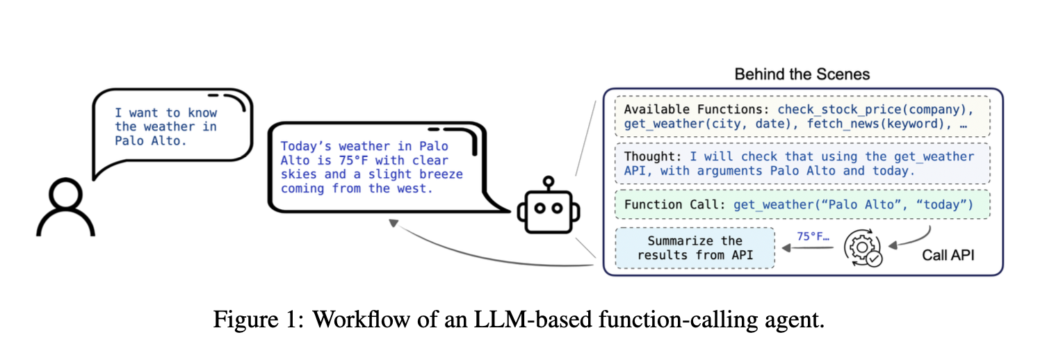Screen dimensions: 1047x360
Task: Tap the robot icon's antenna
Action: point(549,183)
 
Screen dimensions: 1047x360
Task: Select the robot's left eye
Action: point(540,208)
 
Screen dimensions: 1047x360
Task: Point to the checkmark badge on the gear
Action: point(874,259)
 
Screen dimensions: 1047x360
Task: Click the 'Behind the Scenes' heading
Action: point(802,74)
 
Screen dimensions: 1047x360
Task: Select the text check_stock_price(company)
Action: point(875,109)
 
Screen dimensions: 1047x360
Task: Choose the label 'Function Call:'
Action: point(674,205)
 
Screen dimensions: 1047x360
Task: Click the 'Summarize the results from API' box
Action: point(695,248)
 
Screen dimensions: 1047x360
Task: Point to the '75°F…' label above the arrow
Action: point(813,236)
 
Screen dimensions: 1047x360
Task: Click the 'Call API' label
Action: point(948,255)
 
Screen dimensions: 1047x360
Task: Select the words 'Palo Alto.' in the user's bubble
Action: point(150,140)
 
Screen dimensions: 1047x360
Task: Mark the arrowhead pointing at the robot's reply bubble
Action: point(393,223)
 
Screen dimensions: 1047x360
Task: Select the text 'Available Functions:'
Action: point(697,109)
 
